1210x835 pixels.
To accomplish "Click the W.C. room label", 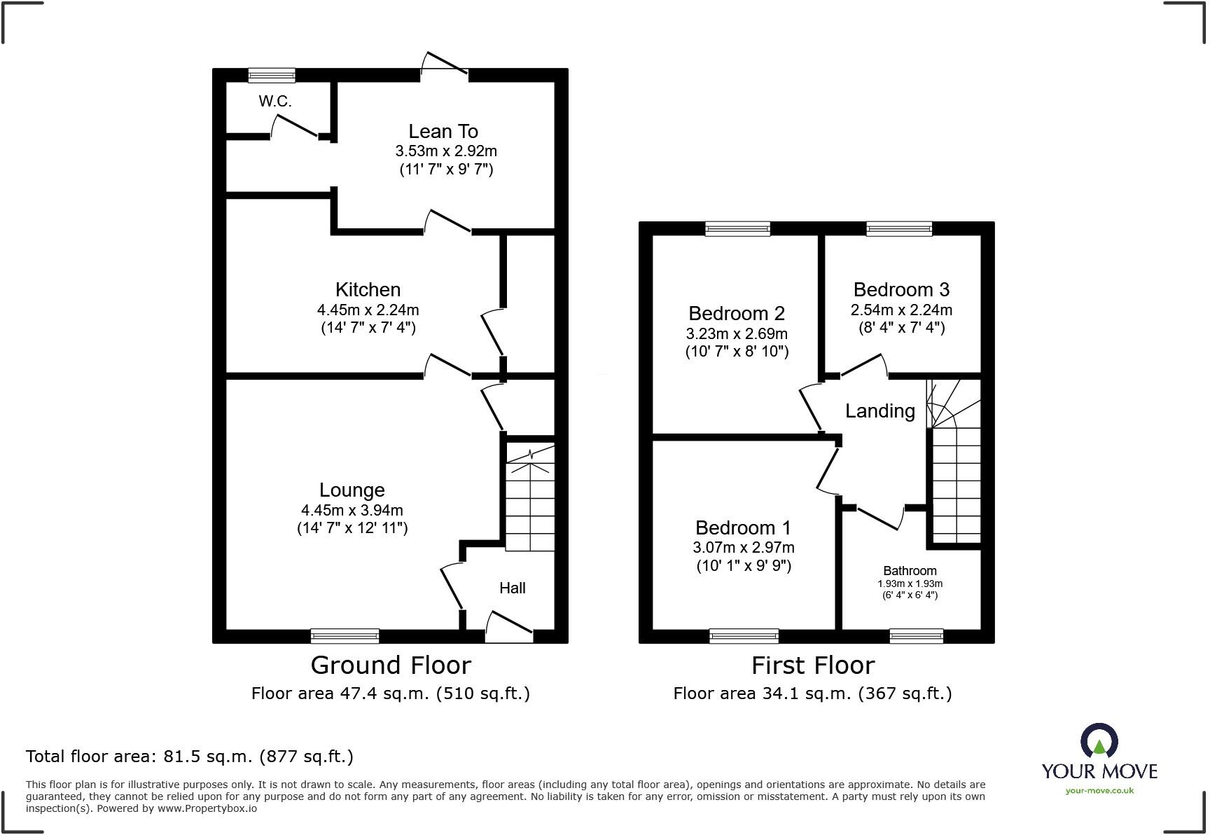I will (274, 102).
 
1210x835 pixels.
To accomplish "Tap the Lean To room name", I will (443, 131).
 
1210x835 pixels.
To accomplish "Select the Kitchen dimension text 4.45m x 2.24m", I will (368, 310).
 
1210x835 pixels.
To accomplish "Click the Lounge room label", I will (352, 490).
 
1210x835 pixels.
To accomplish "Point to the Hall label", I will (512, 588).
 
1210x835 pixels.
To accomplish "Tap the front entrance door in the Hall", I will (509, 628).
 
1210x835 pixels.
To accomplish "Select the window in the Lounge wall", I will (345, 636).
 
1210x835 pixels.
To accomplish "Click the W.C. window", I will (272, 75).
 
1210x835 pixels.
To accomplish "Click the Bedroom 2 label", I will (737, 313).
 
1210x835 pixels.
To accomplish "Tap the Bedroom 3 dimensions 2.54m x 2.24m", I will (901, 310).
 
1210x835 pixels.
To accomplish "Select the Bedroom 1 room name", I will (743, 527).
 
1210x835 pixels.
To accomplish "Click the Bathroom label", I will (910, 571).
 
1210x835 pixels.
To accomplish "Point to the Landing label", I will (879, 411).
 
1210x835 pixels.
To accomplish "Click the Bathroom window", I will (916, 636).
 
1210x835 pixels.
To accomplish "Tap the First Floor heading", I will (813, 665).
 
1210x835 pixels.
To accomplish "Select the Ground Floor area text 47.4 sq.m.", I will (390, 693).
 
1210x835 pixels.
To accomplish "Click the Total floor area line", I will (189, 757).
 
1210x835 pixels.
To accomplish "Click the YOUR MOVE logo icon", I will (1099, 741).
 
